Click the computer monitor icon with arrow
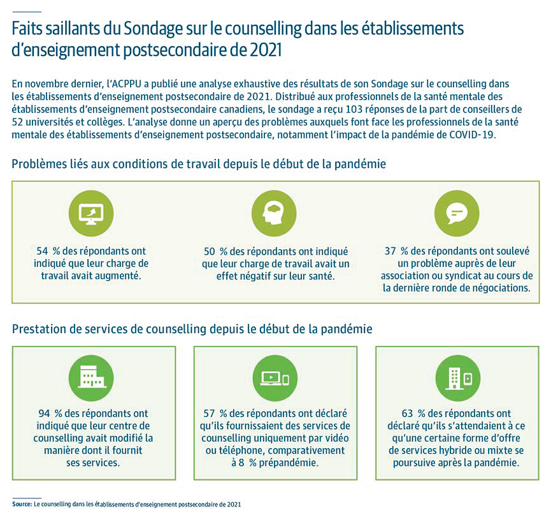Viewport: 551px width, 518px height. pos(91,213)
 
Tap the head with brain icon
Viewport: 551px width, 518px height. pos(274,213)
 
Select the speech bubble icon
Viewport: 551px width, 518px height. pos(457,213)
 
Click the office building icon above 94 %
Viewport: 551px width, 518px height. pos(91,378)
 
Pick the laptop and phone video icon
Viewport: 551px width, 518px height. pos(275,378)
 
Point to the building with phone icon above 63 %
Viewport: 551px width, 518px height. pos(457,378)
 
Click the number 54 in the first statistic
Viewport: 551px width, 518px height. pos(42,251)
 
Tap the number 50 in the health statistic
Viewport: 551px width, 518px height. pos(210,251)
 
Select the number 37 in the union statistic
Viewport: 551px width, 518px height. pos(390,251)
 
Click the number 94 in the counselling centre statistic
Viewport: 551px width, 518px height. pos(45,414)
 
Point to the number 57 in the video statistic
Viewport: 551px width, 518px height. pos(209,414)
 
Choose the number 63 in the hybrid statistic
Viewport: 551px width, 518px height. pos(408,414)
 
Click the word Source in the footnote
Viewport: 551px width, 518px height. pos(22,504)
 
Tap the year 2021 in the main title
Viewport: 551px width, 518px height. pos(266,50)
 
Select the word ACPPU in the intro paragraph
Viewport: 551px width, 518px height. pos(124,84)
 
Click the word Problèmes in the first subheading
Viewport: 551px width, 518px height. pos(39,164)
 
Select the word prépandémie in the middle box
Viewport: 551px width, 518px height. pos(289,463)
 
